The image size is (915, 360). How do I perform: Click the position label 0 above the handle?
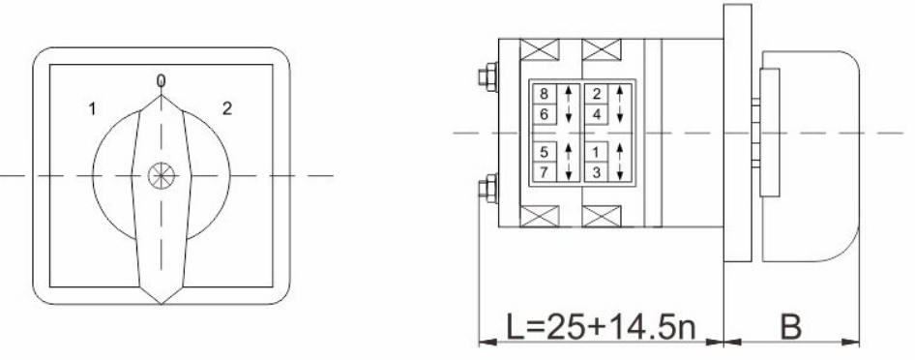tap(162, 80)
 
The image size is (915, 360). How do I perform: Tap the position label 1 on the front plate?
tap(92, 108)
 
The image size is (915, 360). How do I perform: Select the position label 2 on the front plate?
tap(227, 108)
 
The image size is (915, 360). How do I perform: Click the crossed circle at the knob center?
tap(162, 175)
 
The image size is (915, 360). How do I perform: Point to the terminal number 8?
tap(544, 95)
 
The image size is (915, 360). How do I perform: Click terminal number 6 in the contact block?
tap(544, 114)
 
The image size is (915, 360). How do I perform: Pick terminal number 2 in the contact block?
tap(597, 95)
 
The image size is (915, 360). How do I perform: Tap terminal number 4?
tap(597, 114)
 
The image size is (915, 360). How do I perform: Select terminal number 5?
tap(544, 152)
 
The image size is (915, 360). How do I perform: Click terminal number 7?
tap(544, 172)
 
